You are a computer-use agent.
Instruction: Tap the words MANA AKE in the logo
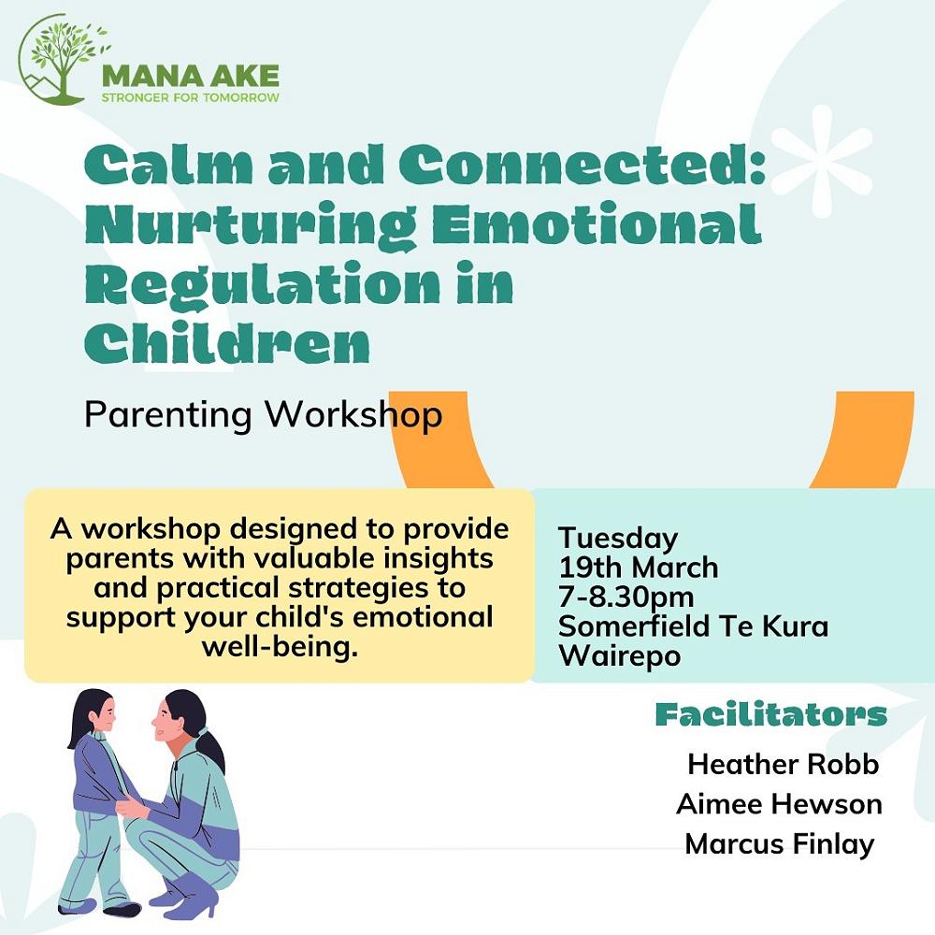[191, 77]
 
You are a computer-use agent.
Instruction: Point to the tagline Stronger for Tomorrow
[190, 97]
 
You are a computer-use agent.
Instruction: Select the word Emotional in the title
[597, 224]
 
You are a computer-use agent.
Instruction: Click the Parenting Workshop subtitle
[263, 414]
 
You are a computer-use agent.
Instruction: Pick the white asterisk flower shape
[821, 161]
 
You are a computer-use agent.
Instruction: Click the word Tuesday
[618, 539]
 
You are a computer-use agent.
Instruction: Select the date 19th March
[638, 568]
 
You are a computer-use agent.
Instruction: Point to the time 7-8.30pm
[626, 597]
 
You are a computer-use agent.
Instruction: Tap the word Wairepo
[620, 655]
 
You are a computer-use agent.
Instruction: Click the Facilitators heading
[771, 714]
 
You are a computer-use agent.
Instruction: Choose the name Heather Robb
[783, 764]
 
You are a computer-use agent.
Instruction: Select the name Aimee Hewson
[779, 804]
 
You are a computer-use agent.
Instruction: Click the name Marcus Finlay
[780, 844]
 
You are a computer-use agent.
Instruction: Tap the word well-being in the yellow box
[280, 646]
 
